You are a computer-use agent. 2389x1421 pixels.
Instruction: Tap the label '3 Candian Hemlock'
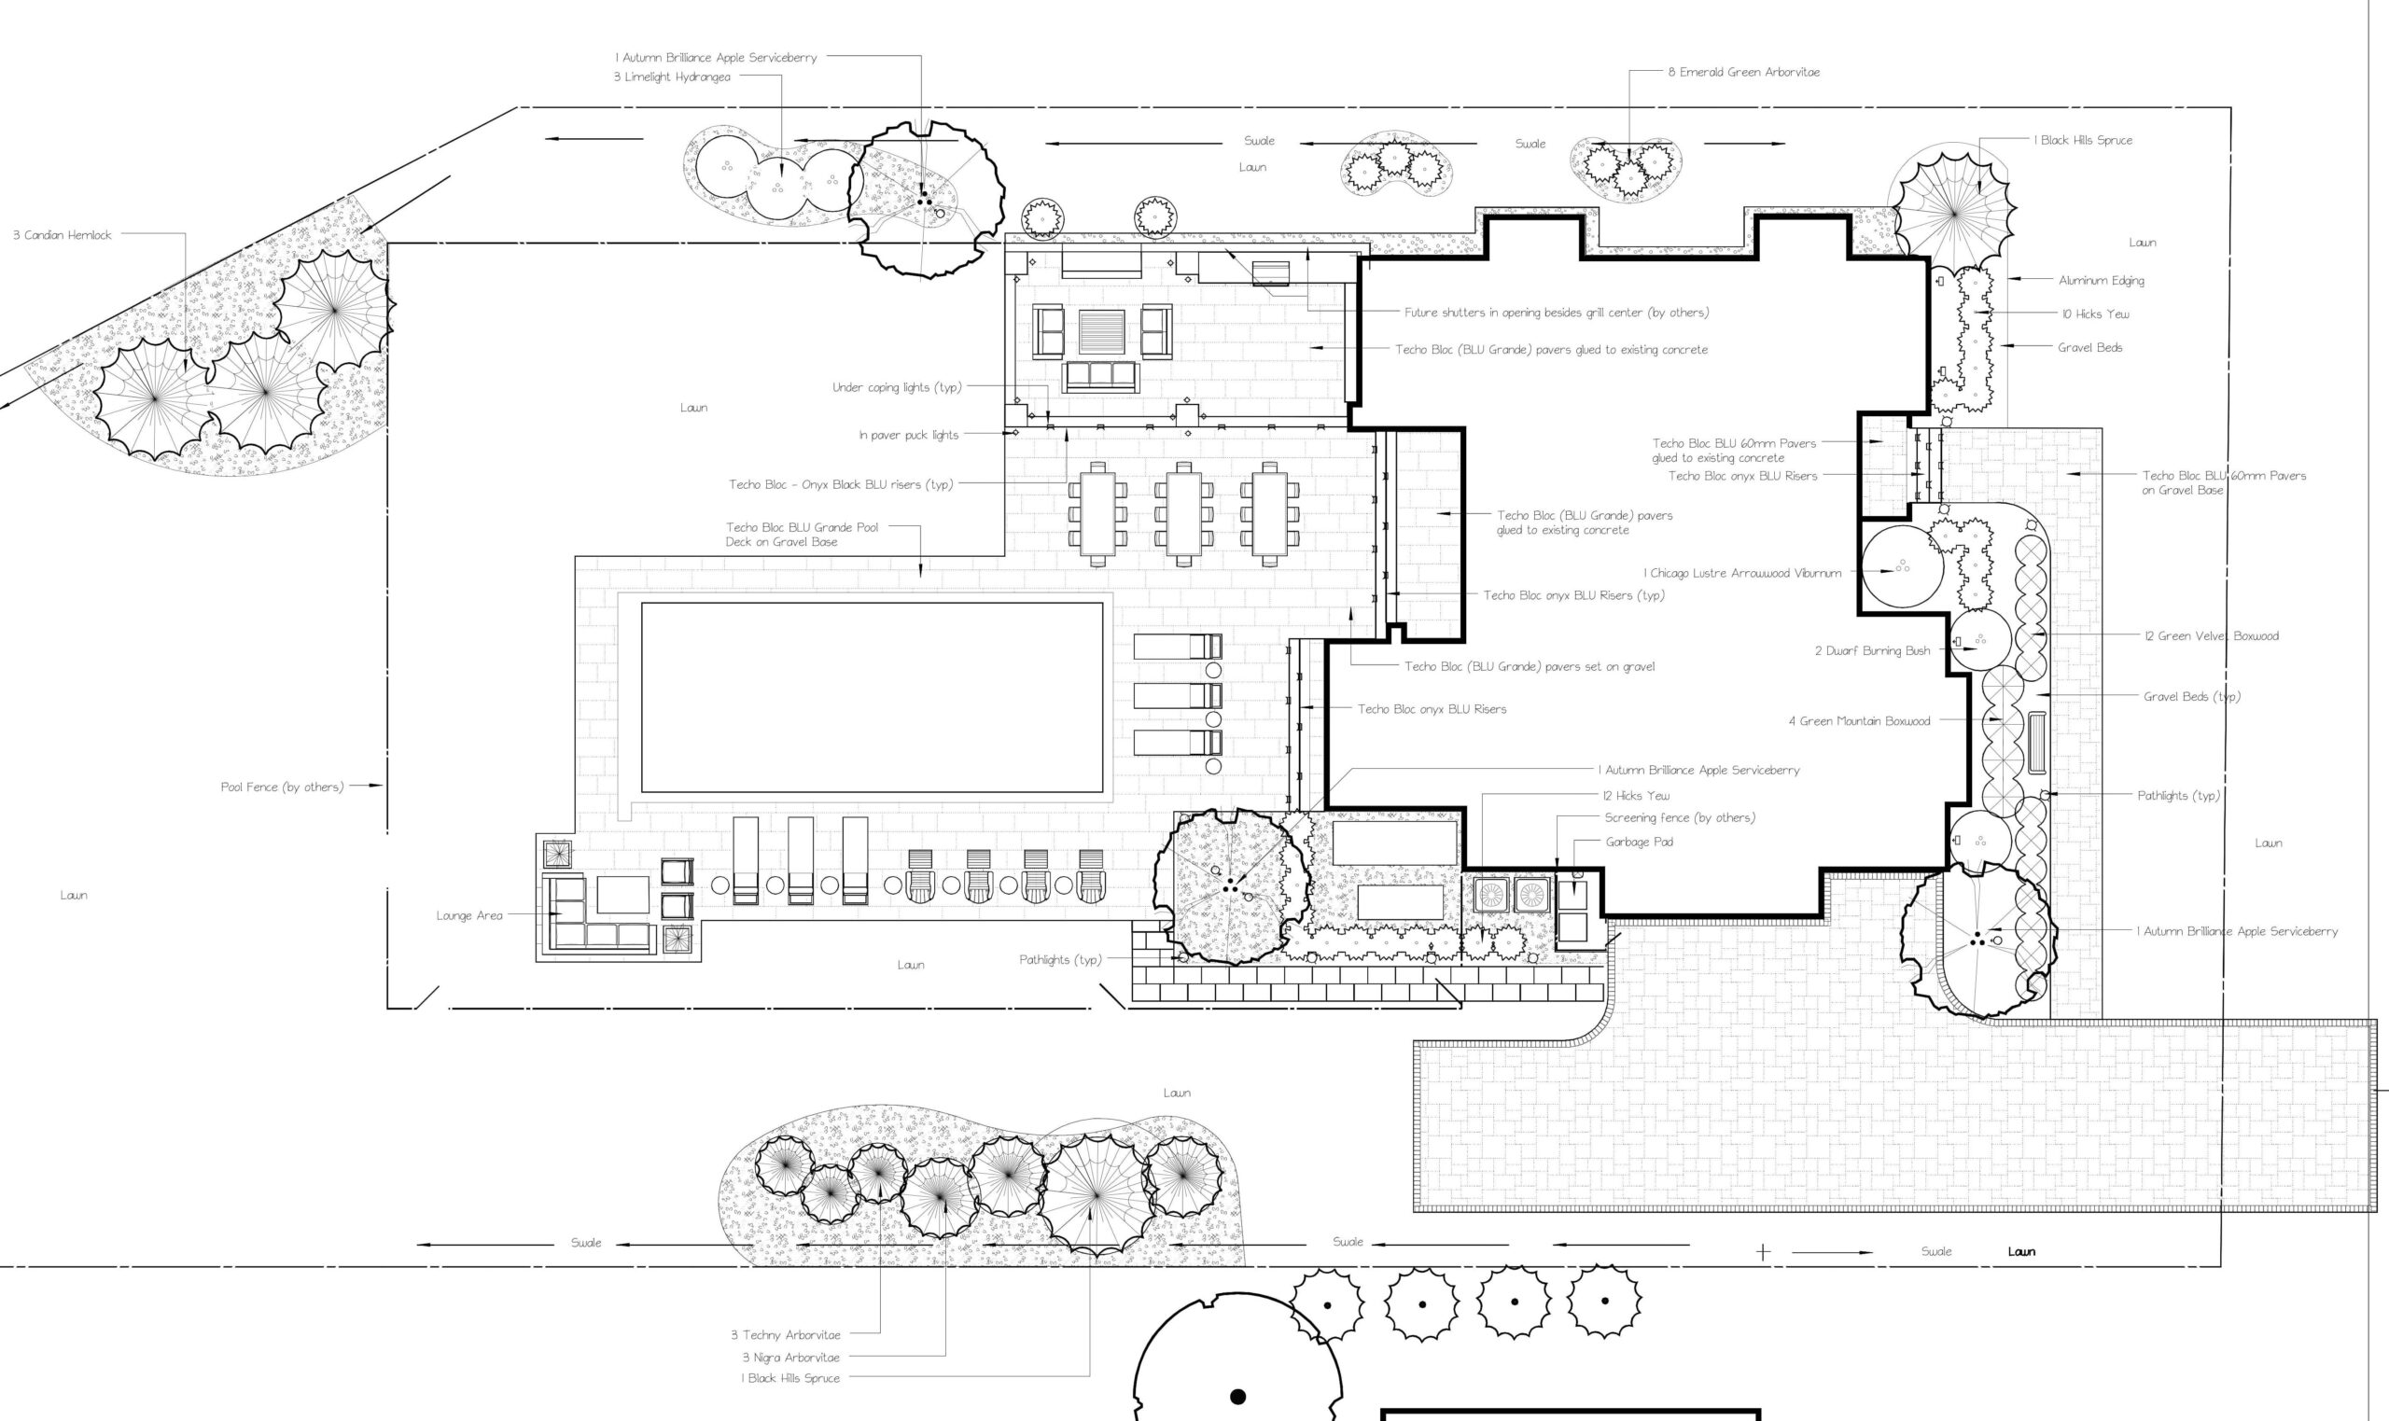pos(63,234)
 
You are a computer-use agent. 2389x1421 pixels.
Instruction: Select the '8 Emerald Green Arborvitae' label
pos(1743,72)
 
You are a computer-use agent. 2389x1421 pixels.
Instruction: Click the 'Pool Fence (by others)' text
pos(282,787)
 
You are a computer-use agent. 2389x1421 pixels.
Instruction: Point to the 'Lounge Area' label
pos(469,915)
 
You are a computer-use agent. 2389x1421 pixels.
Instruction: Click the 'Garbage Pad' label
pos(1640,842)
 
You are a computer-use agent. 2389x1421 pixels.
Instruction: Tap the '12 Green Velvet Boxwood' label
pos(2212,635)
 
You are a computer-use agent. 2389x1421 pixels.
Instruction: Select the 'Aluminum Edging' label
pos(2102,281)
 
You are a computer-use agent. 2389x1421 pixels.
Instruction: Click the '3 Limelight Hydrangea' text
pos(672,77)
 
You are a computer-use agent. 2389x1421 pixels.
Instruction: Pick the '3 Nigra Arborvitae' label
pos(791,1357)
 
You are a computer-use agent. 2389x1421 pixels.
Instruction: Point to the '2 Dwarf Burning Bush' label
pos(1872,650)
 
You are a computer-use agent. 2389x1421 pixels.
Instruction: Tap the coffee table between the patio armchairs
pos(1102,331)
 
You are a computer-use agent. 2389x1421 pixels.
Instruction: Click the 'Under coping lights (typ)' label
pos(897,387)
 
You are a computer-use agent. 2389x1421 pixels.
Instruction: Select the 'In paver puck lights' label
pos(909,435)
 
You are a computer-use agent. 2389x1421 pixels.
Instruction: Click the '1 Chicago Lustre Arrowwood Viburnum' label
pos(1742,573)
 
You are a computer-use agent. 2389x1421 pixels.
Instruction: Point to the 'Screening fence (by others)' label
pos(1680,816)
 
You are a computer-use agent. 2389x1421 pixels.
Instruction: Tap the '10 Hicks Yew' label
pos(2096,313)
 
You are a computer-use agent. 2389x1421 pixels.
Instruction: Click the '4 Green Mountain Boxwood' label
pos(1860,721)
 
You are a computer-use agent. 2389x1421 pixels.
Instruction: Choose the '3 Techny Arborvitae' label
pos(786,1334)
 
